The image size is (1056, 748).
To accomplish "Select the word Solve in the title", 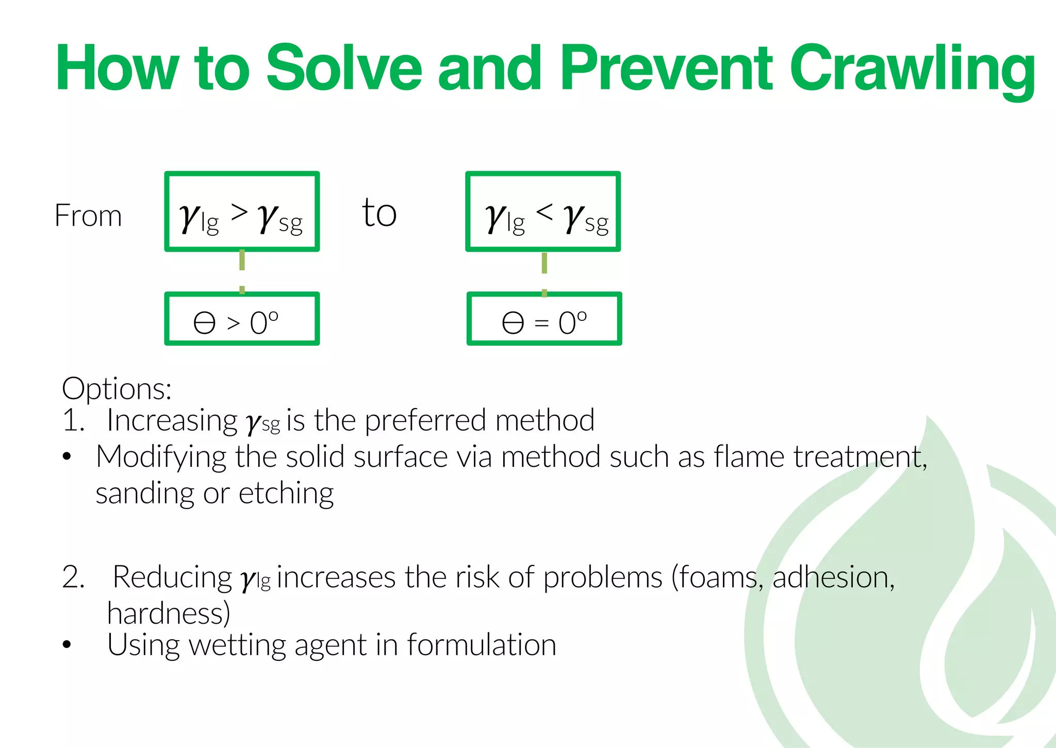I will (x=344, y=68).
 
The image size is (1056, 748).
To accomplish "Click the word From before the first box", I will (x=88, y=216).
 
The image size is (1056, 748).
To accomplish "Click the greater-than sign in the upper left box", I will (x=239, y=212).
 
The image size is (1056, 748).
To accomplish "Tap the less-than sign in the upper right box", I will (x=544, y=211).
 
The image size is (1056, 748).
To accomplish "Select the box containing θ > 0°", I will (x=242, y=319).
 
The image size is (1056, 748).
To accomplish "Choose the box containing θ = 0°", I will (x=544, y=319).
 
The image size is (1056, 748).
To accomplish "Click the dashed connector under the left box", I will (x=242, y=271).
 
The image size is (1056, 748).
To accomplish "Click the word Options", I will (x=117, y=388).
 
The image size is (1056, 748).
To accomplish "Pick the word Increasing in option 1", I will (x=172, y=420).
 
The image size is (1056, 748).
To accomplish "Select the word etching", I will (x=286, y=493).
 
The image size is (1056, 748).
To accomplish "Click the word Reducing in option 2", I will (x=172, y=577).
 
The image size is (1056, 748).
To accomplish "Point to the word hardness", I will (x=169, y=613).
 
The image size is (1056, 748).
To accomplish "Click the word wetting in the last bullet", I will (x=237, y=645).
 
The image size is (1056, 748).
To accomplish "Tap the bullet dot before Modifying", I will (x=67, y=457).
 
